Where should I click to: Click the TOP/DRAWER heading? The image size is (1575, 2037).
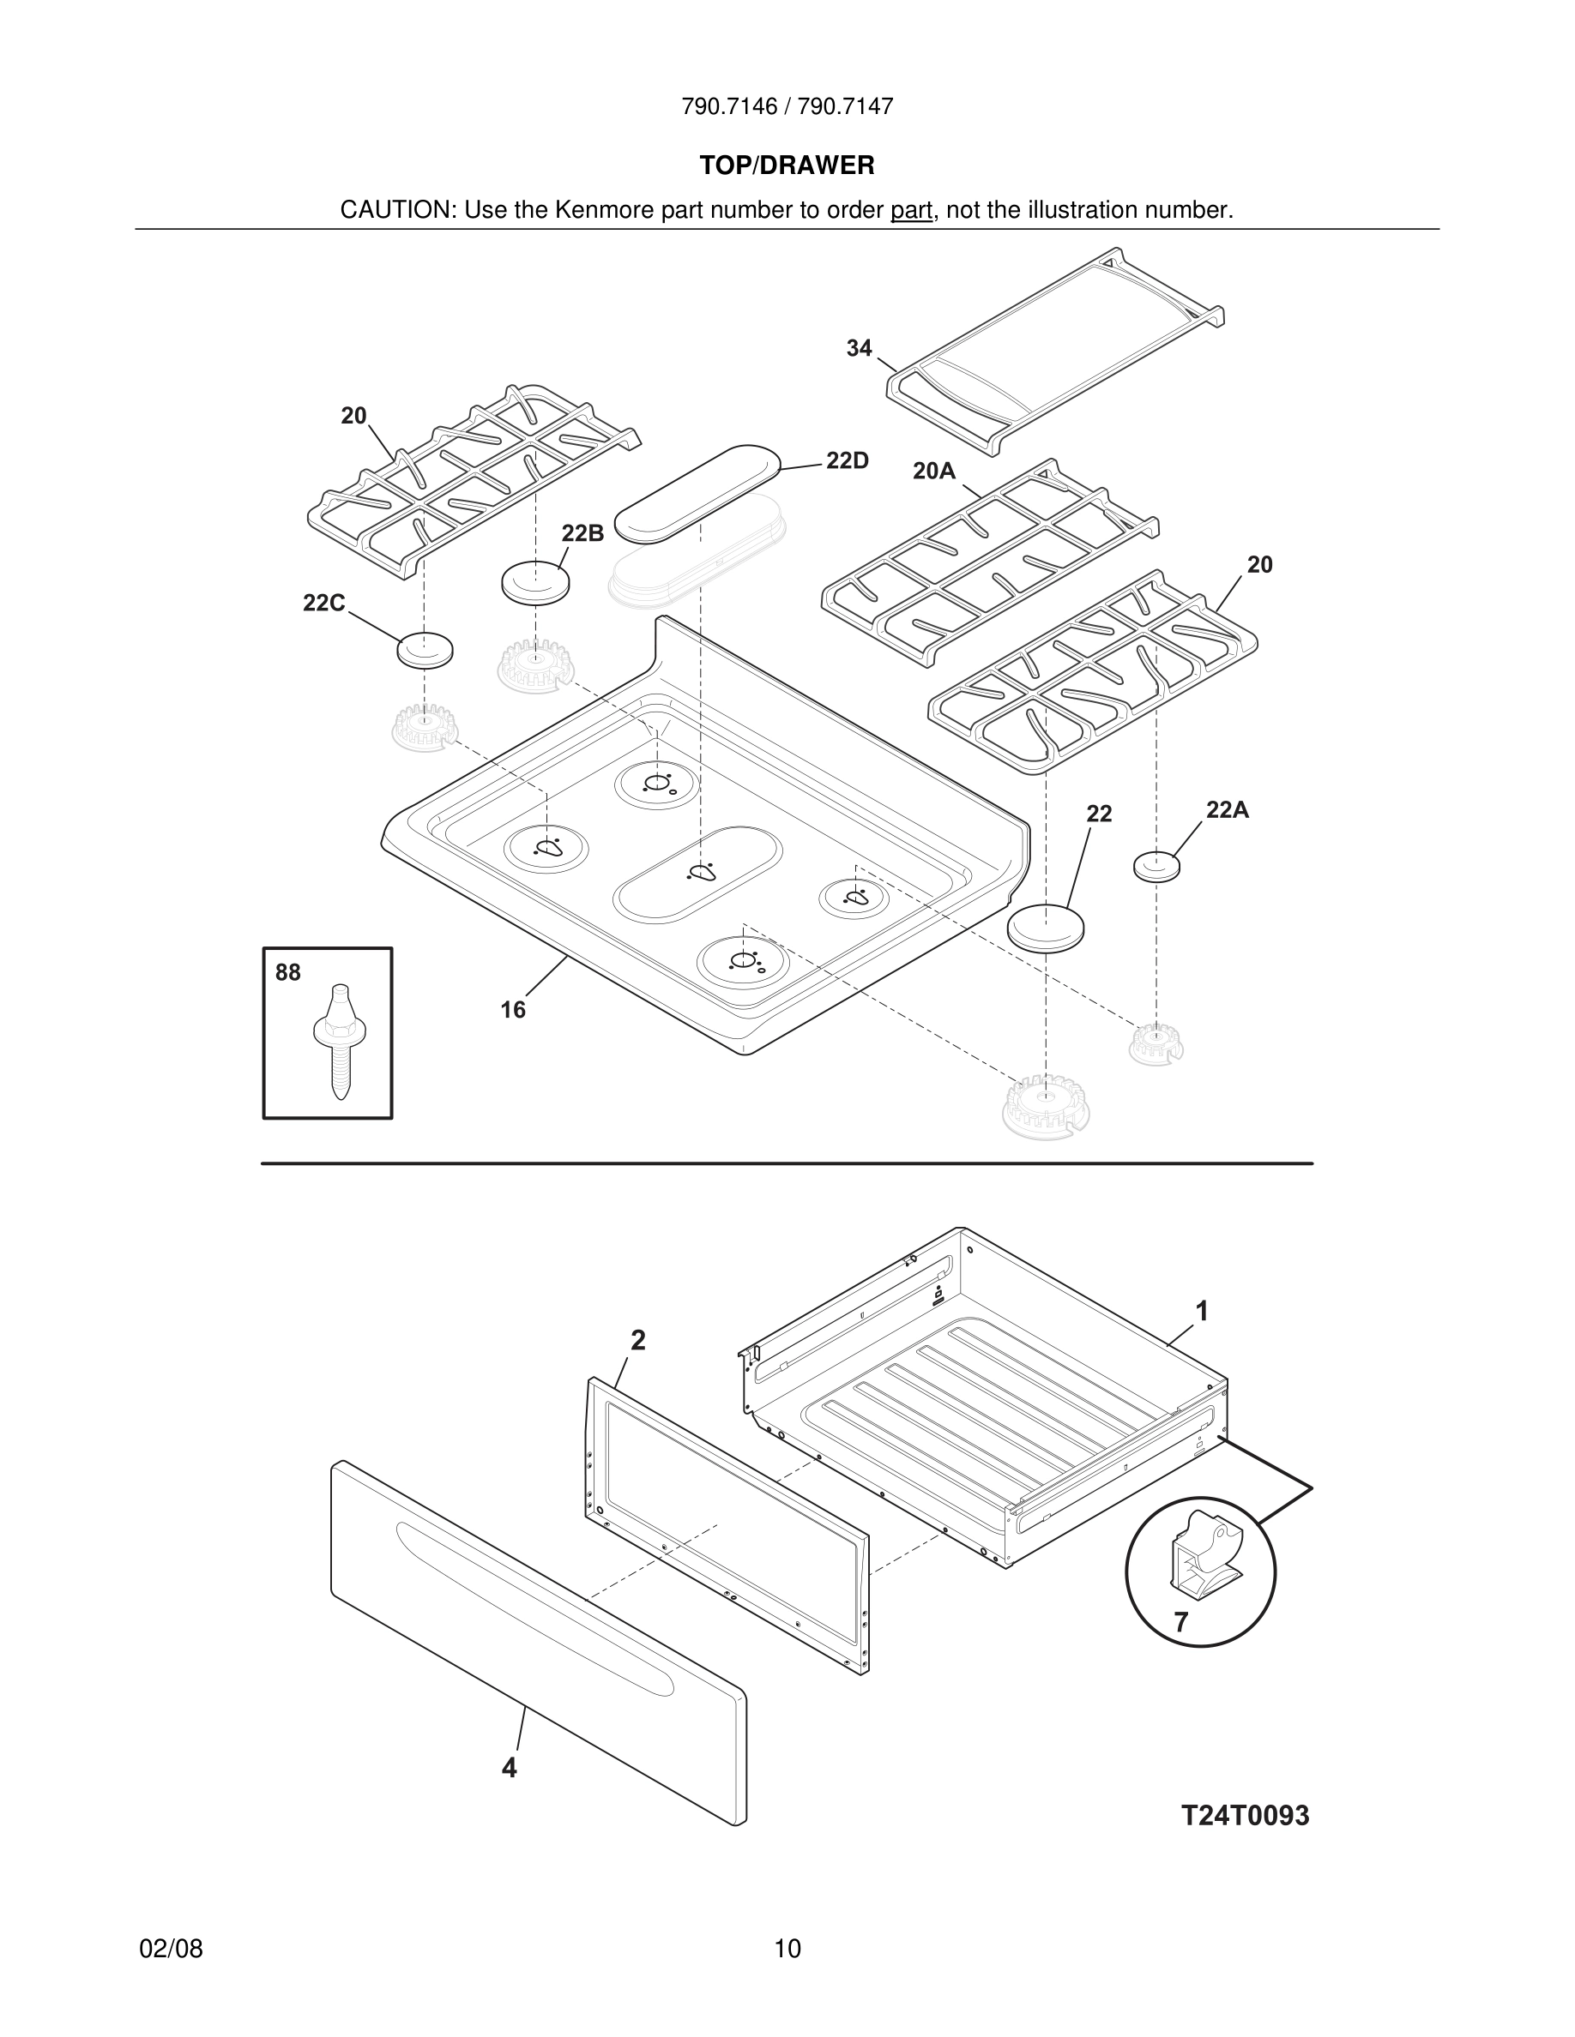point(787,166)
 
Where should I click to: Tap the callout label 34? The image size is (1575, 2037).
point(859,349)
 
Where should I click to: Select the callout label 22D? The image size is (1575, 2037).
point(848,460)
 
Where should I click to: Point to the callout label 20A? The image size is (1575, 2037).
point(934,472)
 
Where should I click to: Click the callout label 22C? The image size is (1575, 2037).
point(323,604)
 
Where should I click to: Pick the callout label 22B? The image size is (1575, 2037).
point(582,533)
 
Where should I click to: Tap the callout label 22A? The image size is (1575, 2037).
point(1227,810)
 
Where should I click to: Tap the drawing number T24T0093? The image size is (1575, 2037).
point(1245,1816)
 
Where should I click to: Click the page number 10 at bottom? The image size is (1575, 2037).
point(787,1949)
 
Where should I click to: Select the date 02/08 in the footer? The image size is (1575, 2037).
point(171,1949)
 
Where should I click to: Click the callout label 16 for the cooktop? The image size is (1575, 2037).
point(512,1010)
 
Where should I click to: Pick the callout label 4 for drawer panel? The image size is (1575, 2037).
point(509,1768)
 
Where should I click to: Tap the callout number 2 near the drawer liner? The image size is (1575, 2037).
point(637,1340)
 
